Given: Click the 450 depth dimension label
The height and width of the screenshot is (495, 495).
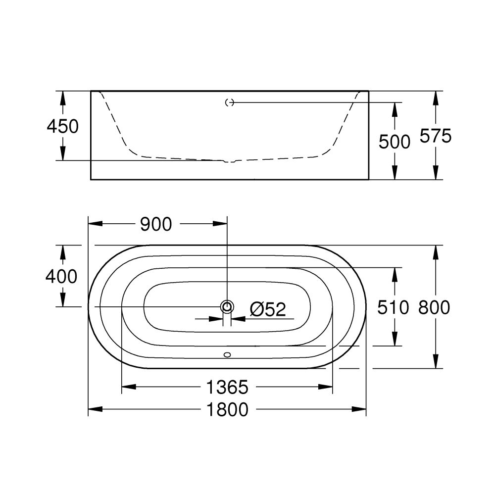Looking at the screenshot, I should point(62,127).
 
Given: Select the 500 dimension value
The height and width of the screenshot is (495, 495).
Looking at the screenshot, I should point(395,142).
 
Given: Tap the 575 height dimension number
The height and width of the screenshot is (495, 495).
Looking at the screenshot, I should point(436,136).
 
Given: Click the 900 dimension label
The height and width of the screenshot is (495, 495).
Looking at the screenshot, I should point(156,224).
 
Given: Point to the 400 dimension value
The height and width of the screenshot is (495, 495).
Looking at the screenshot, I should point(61,276).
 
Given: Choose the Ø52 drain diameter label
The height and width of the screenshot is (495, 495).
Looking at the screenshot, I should point(268,310).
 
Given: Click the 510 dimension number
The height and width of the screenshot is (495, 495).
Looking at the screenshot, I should point(394,307).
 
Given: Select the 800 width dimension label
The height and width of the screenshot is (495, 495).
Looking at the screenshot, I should point(434,307).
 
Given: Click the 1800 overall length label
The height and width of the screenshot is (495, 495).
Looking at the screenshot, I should point(227,409).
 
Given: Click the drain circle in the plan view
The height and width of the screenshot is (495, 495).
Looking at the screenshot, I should point(227,307).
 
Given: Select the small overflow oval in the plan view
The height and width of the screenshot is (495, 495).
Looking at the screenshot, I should point(227,354).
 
